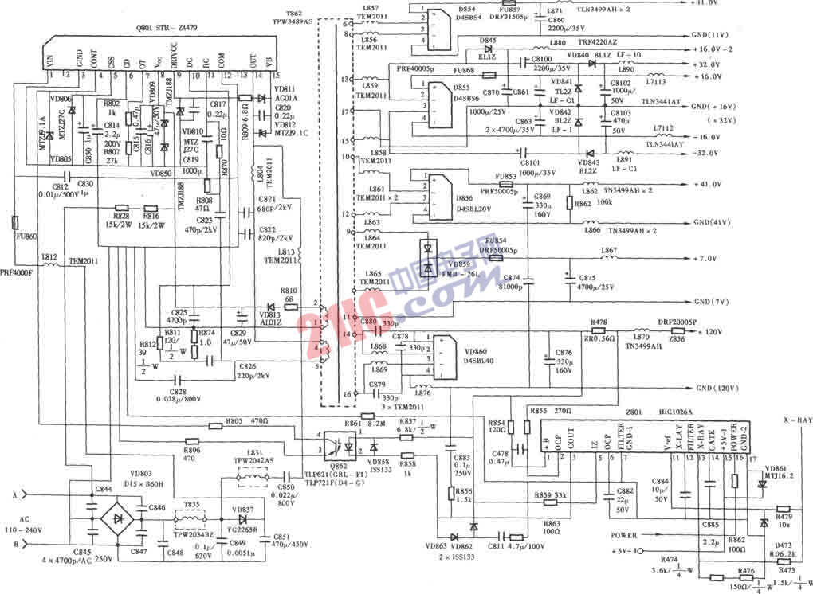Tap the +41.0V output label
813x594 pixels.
point(705,184)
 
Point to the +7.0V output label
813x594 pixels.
point(705,259)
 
